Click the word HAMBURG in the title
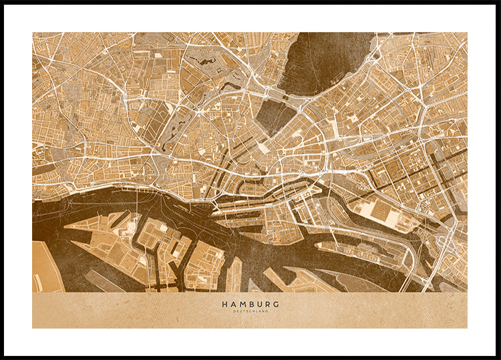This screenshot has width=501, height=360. coord(251,304)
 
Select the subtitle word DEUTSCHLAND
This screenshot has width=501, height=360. coord(251,311)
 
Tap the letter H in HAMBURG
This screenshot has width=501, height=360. coord(224,304)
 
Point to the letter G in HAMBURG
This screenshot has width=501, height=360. coord(277,304)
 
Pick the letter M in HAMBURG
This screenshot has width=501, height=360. coord(242,304)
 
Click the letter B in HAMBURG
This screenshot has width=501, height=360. coord(251,304)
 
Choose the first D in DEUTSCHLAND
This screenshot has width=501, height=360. coord(234,311)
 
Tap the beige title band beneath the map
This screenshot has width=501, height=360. coord(134,311)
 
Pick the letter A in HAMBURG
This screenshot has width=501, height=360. coord(232,304)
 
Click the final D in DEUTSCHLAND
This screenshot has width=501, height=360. coord(267,311)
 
